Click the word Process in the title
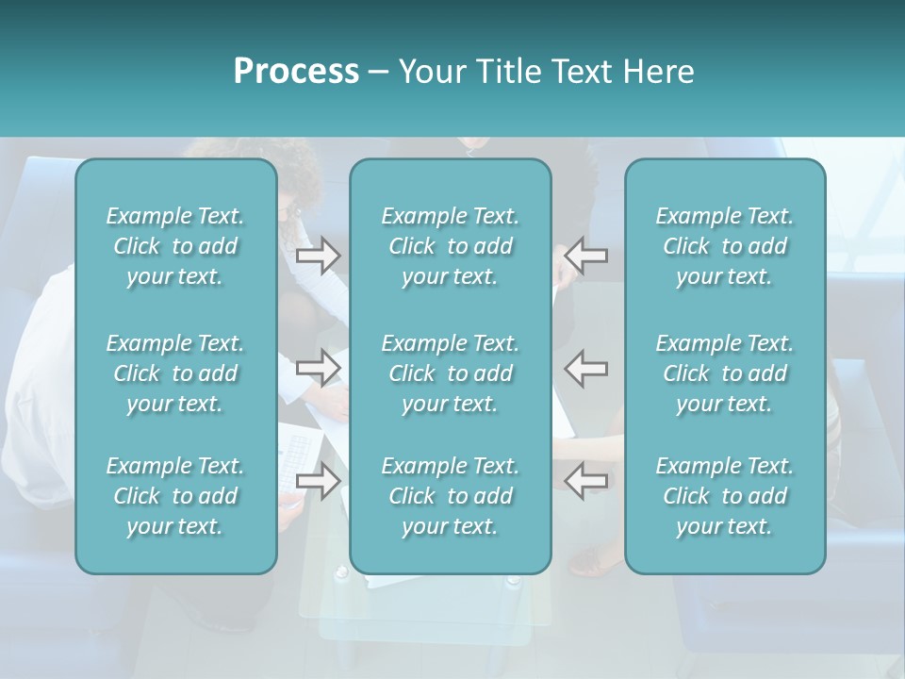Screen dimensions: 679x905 pyautogui.click(x=296, y=72)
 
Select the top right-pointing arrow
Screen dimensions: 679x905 pyautogui.click(x=319, y=256)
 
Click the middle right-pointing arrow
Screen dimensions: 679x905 pyautogui.click(x=319, y=368)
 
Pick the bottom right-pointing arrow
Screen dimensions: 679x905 pyautogui.click(x=319, y=480)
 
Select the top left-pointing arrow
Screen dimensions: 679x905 pyautogui.click(x=586, y=256)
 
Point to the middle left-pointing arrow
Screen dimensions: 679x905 pyautogui.click(x=586, y=368)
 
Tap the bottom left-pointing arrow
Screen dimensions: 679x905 pyautogui.click(x=586, y=480)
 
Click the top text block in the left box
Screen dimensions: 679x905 pyautogui.click(x=175, y=246)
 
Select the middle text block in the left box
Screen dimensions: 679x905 pyautogui.click(x=175, y=373)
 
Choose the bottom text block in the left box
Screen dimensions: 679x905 pyautogui.click(x=175, y=496)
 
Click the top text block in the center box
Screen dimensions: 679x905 pyautogui.click(x=451, y=246)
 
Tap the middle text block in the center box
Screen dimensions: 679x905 pyautogui.click(x=451, y=373)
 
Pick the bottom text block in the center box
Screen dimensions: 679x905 pyautogui.click(x=451, y=496)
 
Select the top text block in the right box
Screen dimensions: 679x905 pyautogui.click(x=725, y=246)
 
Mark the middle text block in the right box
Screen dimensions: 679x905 pyautogui.click(x=725, y=373)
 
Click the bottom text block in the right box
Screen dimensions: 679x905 pyautogui.click(x=725, y=496)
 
